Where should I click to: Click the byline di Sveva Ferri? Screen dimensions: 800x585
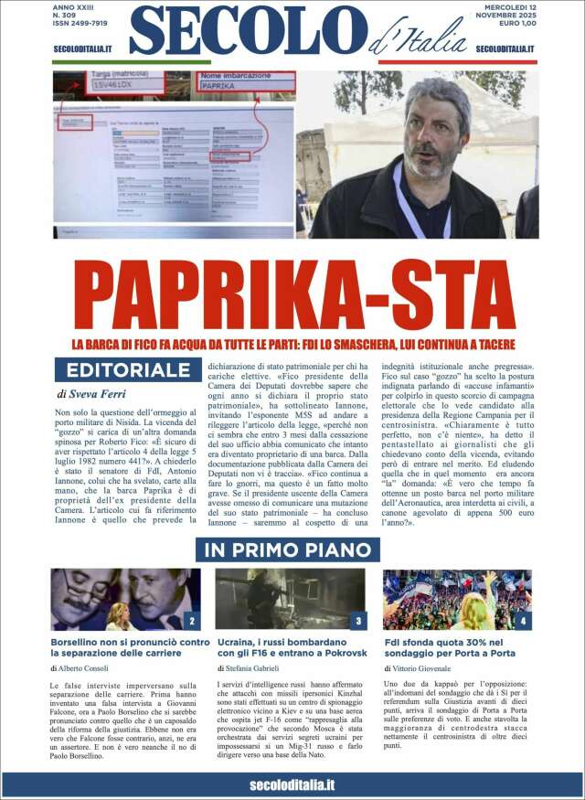click(x=92, y=394)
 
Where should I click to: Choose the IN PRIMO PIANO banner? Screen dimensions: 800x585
click(x=287, y=550)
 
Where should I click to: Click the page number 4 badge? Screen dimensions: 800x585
click(x=523, y=622)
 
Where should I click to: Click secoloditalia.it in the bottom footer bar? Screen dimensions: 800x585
click(x=292, y=784)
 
